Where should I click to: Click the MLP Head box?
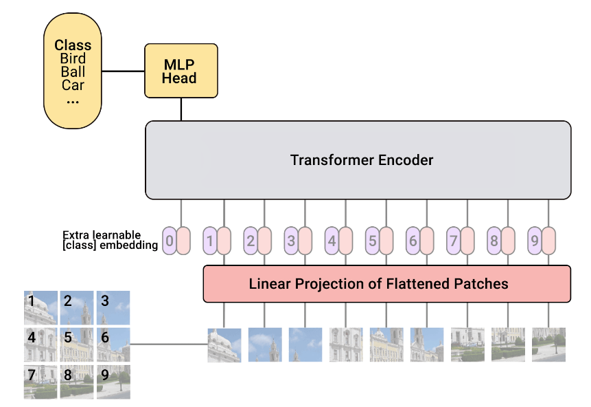pos(181,71)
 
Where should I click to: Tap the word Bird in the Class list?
pos(73,58)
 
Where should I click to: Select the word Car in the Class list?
pos(73,85)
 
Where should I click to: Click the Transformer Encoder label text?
pos(362,160)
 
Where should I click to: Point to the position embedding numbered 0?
pos(170,241)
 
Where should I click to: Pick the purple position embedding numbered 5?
pos(372,241)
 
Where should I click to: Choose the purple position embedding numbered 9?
pos(535,241)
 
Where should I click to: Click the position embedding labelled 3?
pos(291,241)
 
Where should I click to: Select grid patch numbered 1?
pos(40,308)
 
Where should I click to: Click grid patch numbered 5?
pos(77,344)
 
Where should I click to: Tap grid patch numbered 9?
pos(113,382)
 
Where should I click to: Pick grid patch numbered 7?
pos(40,382)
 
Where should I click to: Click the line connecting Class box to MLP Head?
pos(124,71)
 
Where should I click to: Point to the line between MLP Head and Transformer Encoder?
pos(181,109)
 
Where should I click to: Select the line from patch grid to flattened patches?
pos(169,344)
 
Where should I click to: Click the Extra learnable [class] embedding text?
pos(110,240)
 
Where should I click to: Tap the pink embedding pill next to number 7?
pos(467,241)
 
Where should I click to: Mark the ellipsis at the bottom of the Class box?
pos(73,102)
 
